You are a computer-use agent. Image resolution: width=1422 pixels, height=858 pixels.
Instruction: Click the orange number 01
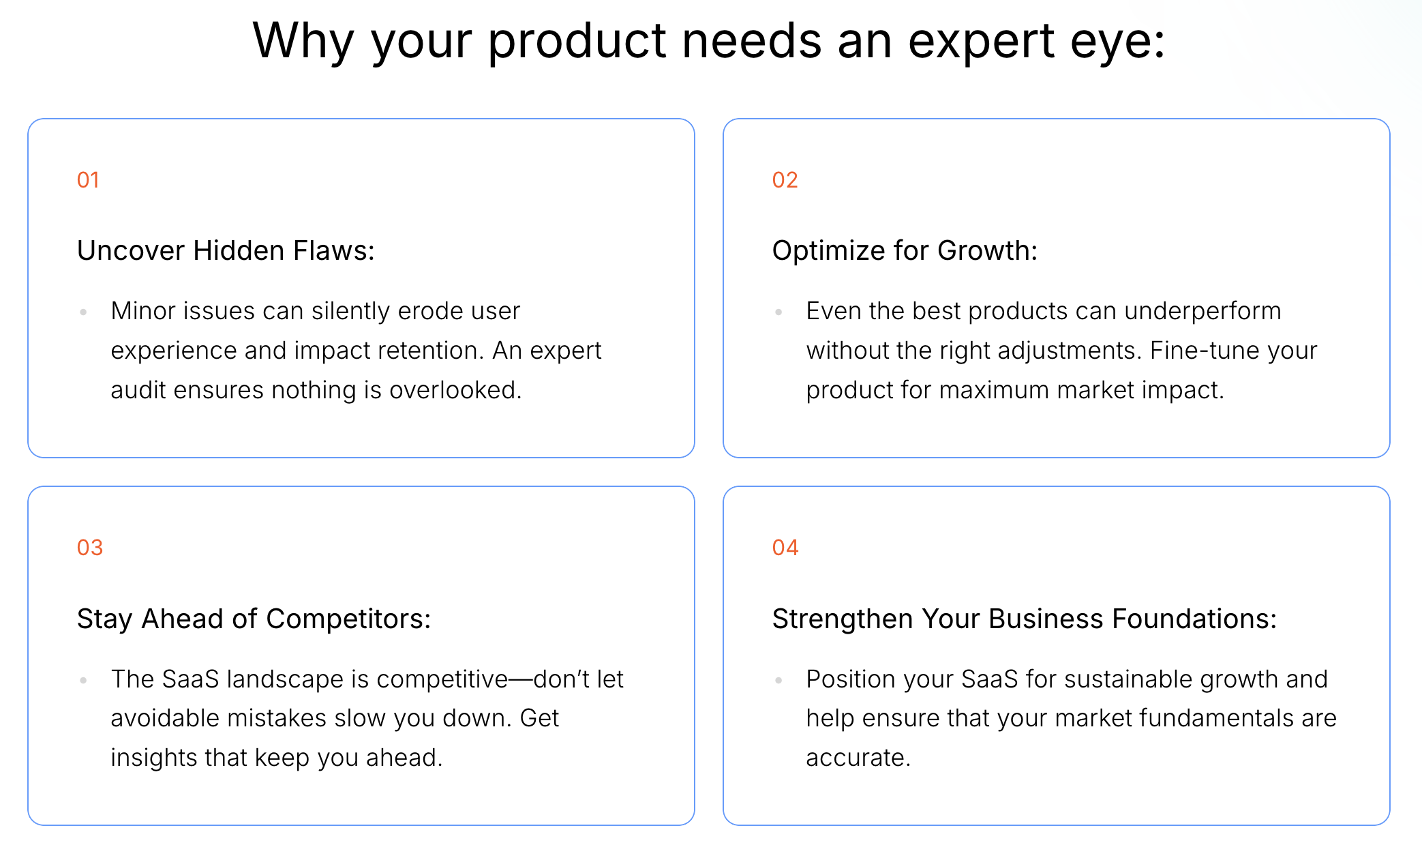(x=88, y=180)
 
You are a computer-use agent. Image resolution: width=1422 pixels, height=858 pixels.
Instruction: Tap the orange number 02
(x=785, y=180)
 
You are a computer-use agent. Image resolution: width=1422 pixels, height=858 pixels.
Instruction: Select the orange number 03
(x=89, y=548)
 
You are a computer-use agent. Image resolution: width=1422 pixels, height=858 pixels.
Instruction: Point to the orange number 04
(x=785, y=548)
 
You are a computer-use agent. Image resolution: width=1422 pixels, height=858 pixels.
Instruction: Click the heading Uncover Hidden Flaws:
(x=226, y=250)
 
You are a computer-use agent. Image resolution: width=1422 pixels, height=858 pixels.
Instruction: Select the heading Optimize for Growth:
(x=905, y=251)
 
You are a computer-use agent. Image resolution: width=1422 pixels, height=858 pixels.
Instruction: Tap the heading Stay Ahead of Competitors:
(x=254, y=619)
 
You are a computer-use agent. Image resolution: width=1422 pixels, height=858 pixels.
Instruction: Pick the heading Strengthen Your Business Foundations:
(x=1024, y=619)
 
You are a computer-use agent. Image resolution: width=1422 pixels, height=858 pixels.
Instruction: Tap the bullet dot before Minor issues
(x=83, y=312)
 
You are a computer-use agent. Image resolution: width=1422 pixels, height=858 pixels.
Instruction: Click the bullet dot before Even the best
(x=778, y=312)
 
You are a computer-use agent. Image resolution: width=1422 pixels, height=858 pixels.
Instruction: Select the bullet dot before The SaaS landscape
(x=83, y=680)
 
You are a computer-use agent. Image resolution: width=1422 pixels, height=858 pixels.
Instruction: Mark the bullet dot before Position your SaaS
(x=778, y=680)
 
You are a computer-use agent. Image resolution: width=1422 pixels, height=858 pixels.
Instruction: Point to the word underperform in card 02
(x=1202, y=312)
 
